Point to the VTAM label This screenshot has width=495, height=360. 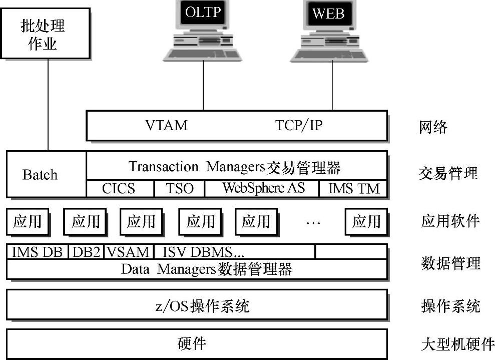tap(167, 125)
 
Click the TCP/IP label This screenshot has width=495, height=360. tap(299, 125)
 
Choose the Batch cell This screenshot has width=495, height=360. tap(41, 175)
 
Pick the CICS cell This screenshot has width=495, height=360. tap(119, 188)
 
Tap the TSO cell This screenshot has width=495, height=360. tap(179, 188)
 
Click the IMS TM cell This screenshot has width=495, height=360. tap(354, 188)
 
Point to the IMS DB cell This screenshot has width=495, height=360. tap(38, 252)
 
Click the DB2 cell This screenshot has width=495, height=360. tap(86, 252)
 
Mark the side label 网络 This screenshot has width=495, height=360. tap(433, 127)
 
